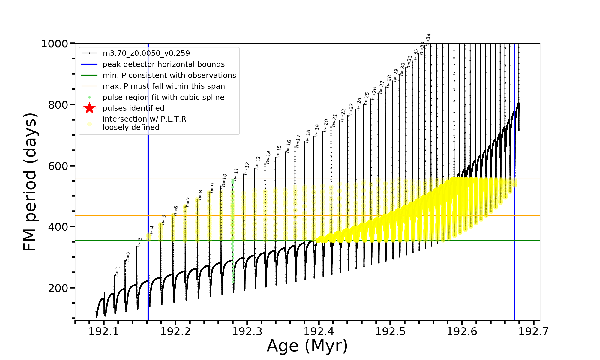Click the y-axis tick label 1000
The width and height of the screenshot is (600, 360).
tap(55, 44)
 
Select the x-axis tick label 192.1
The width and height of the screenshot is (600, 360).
tap(104, 331)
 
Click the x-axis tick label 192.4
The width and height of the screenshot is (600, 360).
tap(319, 331)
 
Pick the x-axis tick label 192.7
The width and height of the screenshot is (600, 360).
tap(533, 331)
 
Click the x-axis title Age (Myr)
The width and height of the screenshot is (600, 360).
tap(307, 346)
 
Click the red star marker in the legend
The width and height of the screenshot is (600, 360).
tap(89, 108)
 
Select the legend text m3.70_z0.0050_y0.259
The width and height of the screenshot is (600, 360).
tap(146, 53)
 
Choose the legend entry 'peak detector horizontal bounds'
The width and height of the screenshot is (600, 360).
tap(163, 64)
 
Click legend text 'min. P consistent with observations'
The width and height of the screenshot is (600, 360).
tap(169, 75)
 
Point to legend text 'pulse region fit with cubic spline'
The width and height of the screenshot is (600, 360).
tap(163, 97)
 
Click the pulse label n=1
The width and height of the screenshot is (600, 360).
tap(117, 271)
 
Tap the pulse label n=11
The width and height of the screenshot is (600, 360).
tap(236, 174)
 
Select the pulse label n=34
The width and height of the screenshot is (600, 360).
tap(428, 40)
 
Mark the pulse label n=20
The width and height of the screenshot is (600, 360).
tap(326, 125)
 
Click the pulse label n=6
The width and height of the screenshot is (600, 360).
tap(176, 211)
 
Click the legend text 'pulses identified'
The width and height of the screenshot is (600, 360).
tap(133, 108)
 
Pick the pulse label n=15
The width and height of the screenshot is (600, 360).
tap(279, 151)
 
